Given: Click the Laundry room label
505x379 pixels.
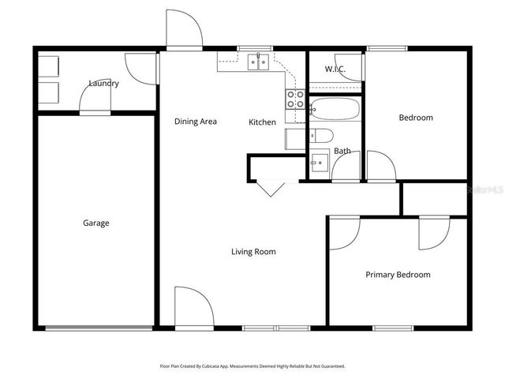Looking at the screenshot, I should click(103, 83).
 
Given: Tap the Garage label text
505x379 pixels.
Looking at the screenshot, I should click(96, 223).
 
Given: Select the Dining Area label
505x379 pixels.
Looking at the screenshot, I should click(196, 122).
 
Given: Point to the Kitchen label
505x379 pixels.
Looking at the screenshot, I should click(262, 122).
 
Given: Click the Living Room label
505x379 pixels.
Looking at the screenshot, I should click(253, 252).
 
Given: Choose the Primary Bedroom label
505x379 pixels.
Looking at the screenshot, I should click(398, 275).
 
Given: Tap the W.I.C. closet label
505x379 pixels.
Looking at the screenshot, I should click(335, 69).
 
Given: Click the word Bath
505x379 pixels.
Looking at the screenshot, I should click(342, 151).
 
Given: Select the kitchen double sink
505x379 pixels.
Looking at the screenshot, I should click(257, 62).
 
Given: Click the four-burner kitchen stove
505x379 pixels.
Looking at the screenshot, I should click(295, 99).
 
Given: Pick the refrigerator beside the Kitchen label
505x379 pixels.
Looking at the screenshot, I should click(294, 138).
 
